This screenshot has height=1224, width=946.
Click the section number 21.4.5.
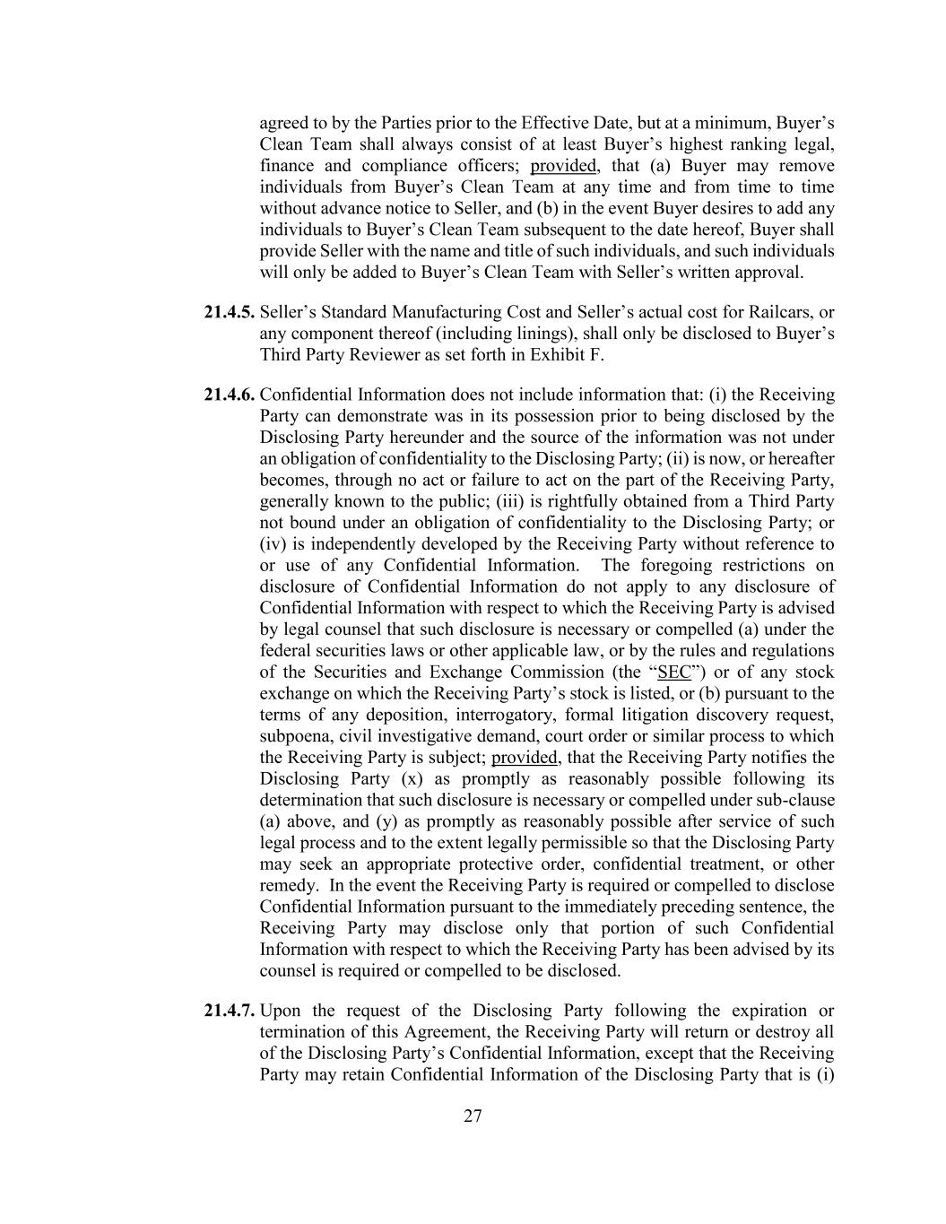coord(230,313)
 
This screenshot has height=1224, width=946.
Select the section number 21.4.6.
coord(230,395)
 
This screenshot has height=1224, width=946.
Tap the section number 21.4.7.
coord(230,1011)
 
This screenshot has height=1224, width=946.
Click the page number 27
coord(473,1116)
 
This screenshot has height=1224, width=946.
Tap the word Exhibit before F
coord(565,356)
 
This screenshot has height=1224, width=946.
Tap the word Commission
coord(560,673)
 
